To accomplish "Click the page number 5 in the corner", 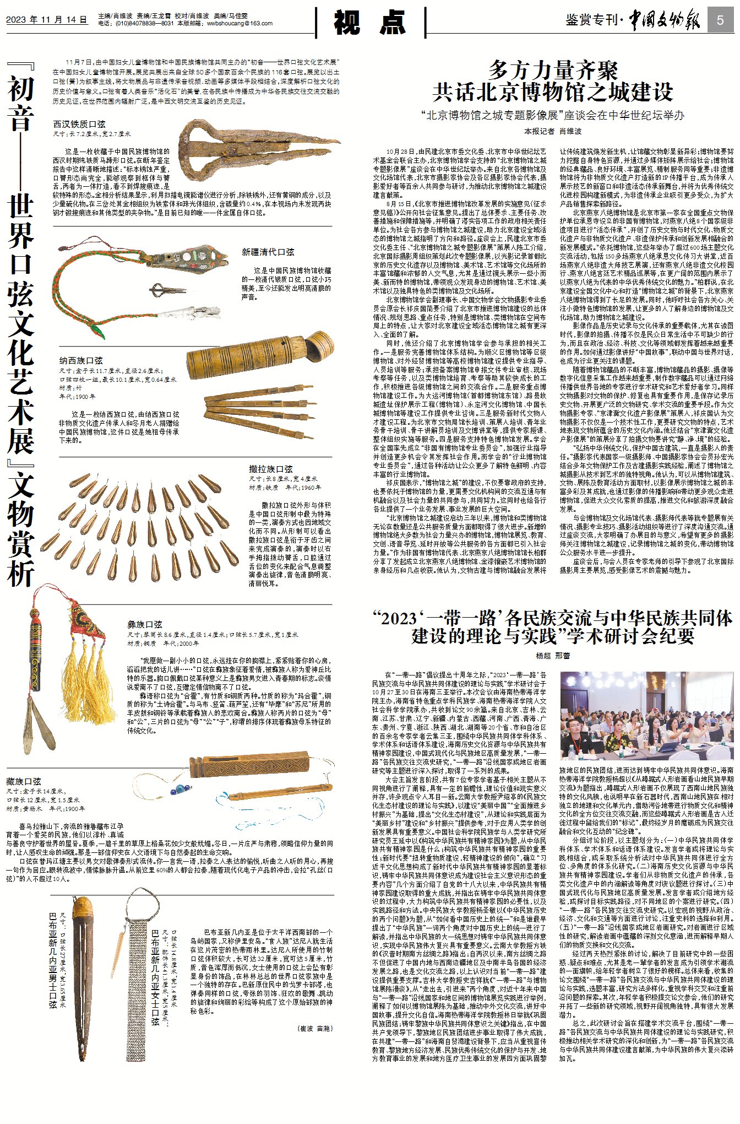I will pyautogui.click(x=720, y=21).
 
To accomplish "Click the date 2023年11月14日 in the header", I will pyautogui.click(x=47, y=20).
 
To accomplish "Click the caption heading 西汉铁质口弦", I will pyautogui.click(x=79, y=125).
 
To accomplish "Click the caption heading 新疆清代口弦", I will pyautogui.click(x=268, y=252).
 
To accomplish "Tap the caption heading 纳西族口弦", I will pyautogui.click(x=81, y=360).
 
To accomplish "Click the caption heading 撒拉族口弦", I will pyautogui.click(x=271, y=469).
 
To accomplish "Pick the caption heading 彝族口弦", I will pyautogui.click(x=145, y=624).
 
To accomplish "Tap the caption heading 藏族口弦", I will pyautogui.click(x=24, y=781).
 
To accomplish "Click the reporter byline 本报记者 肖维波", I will pyautogui.click(x=553, y=131).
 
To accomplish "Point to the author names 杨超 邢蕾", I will pyautogui.click(x=553, y=656).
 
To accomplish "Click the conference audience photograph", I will pyautogui.click(x=647, y=716).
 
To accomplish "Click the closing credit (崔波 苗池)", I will pyautogui.click(x=315, y=1028).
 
